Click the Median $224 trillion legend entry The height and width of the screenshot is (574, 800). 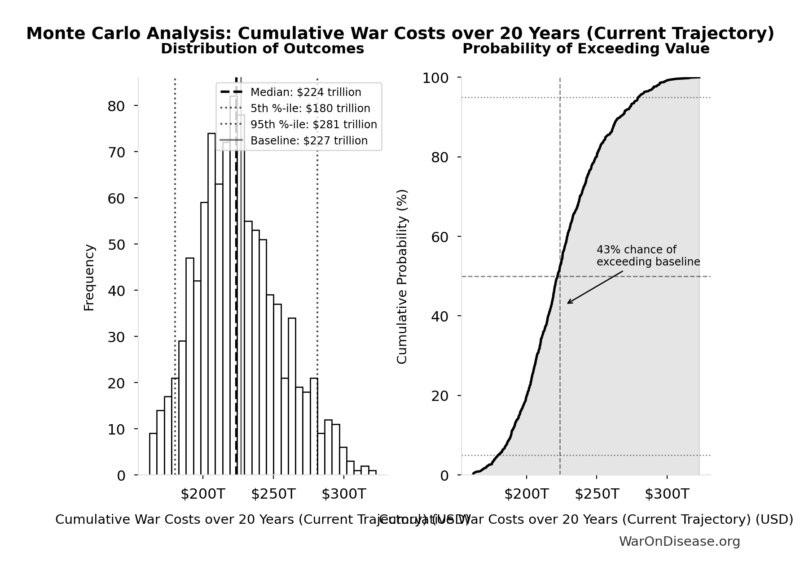point(305,92)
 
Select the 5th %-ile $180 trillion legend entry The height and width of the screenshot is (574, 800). point(310,109)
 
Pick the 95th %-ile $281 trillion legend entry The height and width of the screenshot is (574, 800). point(313,125)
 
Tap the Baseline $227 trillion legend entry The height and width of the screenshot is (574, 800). point(309,141)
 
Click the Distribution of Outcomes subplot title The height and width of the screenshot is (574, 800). point(262,49)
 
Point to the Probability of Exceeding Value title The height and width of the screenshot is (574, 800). point(586,49)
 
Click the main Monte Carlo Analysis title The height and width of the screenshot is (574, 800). point(400,34)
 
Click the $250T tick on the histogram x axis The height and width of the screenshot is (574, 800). point(273,494)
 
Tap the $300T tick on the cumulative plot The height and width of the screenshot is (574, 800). point(667,494)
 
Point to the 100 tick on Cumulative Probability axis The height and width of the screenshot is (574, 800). point(435,78)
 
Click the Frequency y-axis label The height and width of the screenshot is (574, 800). point(89,277)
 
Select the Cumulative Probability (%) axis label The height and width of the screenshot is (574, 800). point(402,276)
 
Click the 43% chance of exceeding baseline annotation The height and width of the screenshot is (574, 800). point(648,256)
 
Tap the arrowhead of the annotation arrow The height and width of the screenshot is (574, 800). point(568,303)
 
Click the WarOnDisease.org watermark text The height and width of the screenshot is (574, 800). point(679,542)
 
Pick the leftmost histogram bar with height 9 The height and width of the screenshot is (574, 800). point(153,454)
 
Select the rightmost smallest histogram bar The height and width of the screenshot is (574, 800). point(372,473)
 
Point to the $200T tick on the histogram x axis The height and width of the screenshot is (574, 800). point(202,494)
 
